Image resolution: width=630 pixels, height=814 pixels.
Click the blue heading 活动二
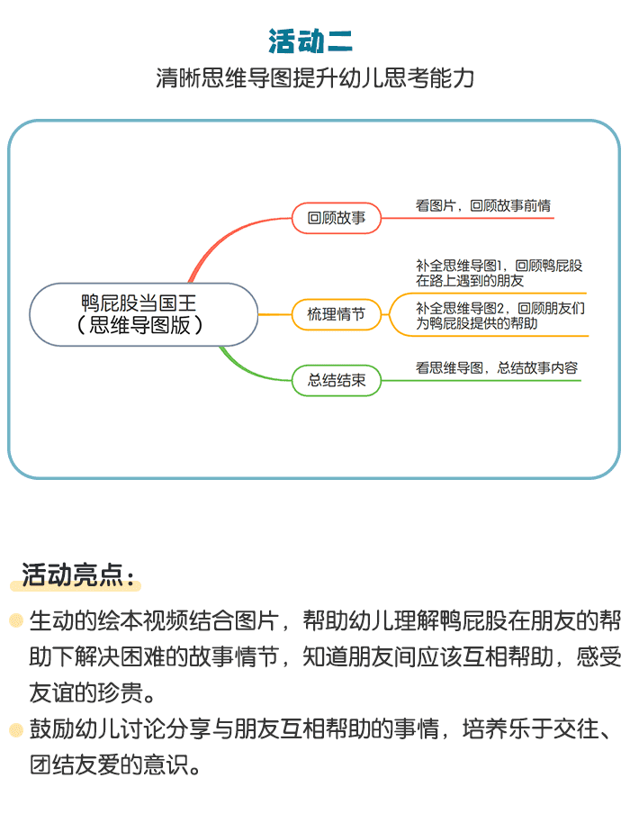[310, 41]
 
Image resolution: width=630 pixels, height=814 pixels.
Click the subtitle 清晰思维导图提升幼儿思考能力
[315, 77]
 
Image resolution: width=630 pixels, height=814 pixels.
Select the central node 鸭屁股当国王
[144, 314]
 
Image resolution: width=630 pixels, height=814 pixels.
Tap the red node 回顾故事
[337, 218]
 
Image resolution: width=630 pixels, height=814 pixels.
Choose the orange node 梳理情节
[337, 314]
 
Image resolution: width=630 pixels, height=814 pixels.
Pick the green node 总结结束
[337, 381]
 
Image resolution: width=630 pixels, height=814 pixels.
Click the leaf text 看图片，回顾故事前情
[483, 205]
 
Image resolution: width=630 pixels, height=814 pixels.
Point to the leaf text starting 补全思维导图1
[499, 273]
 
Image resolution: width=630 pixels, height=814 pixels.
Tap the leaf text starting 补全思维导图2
[500, 316]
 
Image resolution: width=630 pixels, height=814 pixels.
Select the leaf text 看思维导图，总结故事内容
[497, 367]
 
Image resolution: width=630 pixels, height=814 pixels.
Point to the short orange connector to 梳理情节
[275, 314]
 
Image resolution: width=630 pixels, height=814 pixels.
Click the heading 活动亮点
[77, 575]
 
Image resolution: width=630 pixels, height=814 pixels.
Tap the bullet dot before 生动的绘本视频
[16, 620]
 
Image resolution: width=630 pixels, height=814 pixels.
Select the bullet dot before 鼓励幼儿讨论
[16, 729]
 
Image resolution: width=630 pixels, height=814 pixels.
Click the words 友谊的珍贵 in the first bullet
[86, 693]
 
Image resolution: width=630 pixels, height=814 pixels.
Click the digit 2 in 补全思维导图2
[500, 308]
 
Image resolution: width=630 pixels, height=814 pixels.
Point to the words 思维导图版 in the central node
[140, 325]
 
